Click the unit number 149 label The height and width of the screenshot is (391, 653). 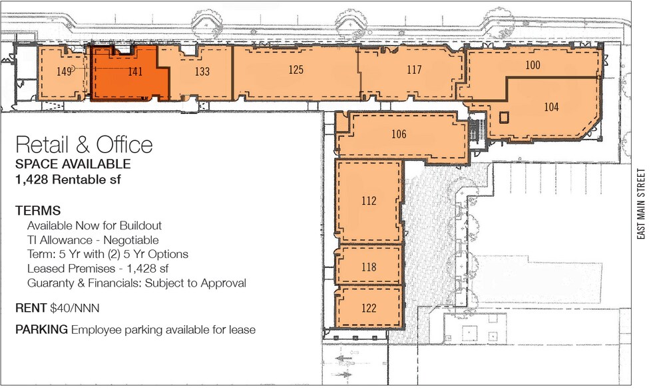64,72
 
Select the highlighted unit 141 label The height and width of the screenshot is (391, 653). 135,72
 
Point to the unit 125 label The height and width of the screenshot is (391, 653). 296,69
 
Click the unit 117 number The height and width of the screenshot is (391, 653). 414,69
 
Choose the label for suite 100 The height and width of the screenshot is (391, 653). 532,65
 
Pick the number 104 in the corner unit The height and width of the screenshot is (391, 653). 551,107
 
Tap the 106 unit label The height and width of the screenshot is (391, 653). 399,134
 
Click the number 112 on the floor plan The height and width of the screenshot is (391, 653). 369,201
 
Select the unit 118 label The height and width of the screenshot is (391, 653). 369,267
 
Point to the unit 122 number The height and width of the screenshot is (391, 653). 369,308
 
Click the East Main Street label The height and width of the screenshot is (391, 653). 641,203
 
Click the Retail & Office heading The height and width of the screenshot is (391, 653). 84,145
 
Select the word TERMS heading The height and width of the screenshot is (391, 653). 38,211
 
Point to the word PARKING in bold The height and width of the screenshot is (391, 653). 41,330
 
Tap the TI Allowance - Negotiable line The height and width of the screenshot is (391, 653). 93,240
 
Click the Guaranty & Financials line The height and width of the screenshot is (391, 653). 136,283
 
